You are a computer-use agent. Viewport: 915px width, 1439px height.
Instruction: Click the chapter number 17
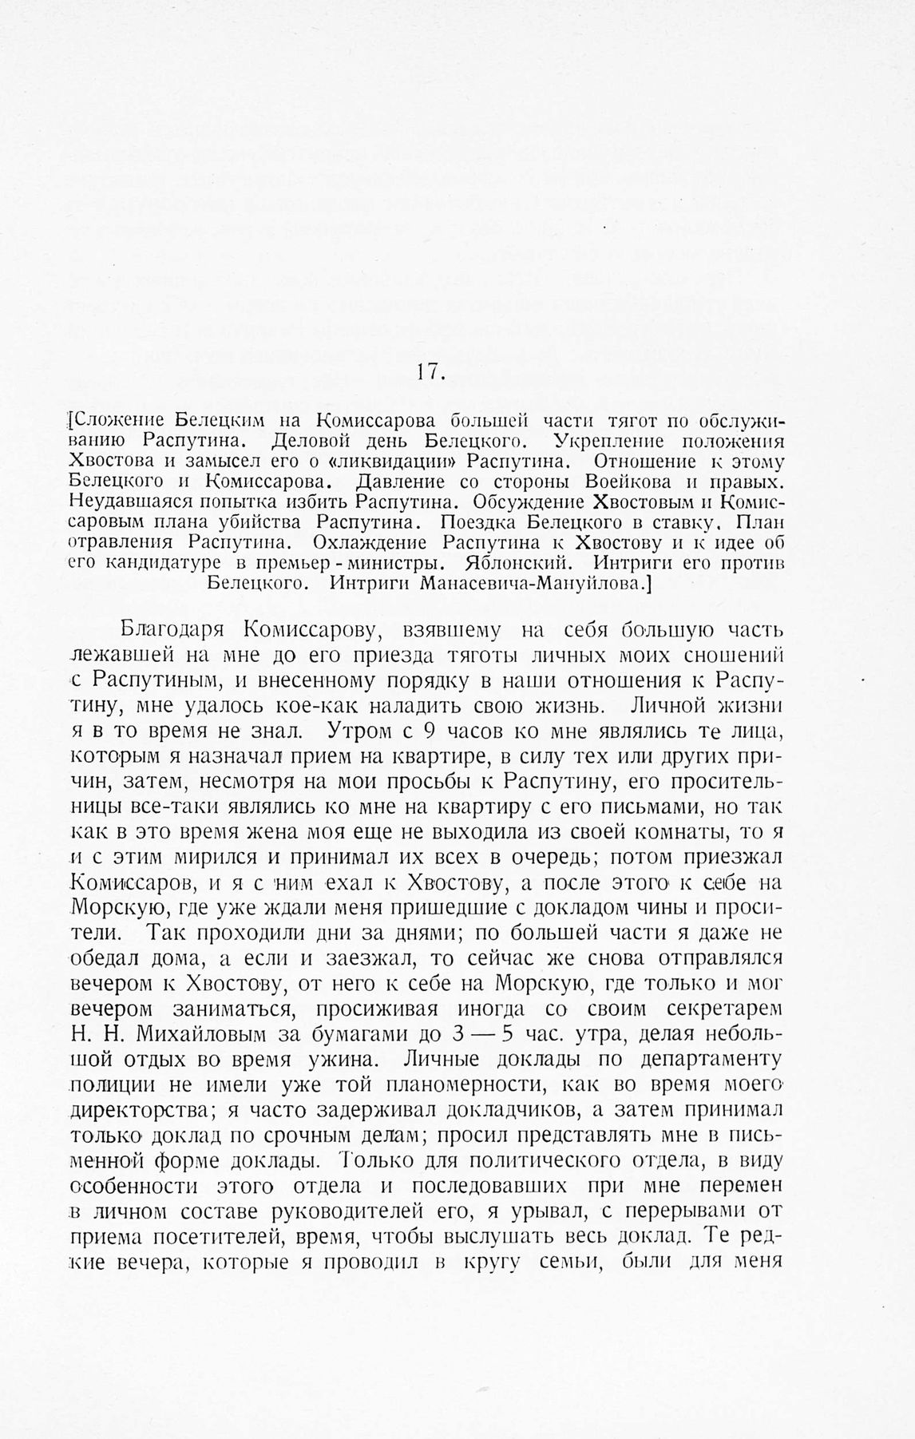pos(431,372)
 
